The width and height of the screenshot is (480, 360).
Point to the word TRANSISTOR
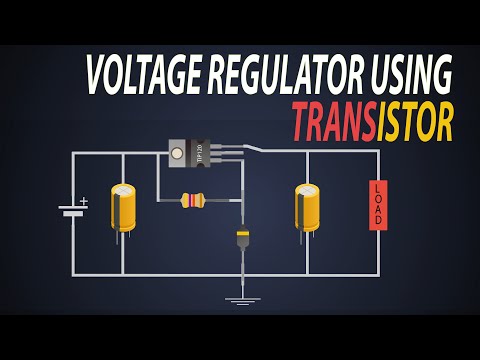[x=373, y=121]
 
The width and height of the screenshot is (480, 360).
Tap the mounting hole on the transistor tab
[x=176, y=152]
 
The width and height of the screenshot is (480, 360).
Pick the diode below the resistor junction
[x=242, y=239]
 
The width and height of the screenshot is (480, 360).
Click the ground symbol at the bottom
[x=242, y=298]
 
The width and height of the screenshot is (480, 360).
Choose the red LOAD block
[x=377, y=206]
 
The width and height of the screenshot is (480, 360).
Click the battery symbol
[x=71, y=210]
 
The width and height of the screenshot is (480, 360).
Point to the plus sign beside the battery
[x=83, y=201]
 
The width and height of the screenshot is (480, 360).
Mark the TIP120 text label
[x=200, y=152]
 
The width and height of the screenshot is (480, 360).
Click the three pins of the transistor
[x=229, y=152]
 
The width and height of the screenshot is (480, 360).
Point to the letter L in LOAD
[x=377, y=187]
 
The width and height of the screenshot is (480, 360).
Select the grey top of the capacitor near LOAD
[x=307, y=188]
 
